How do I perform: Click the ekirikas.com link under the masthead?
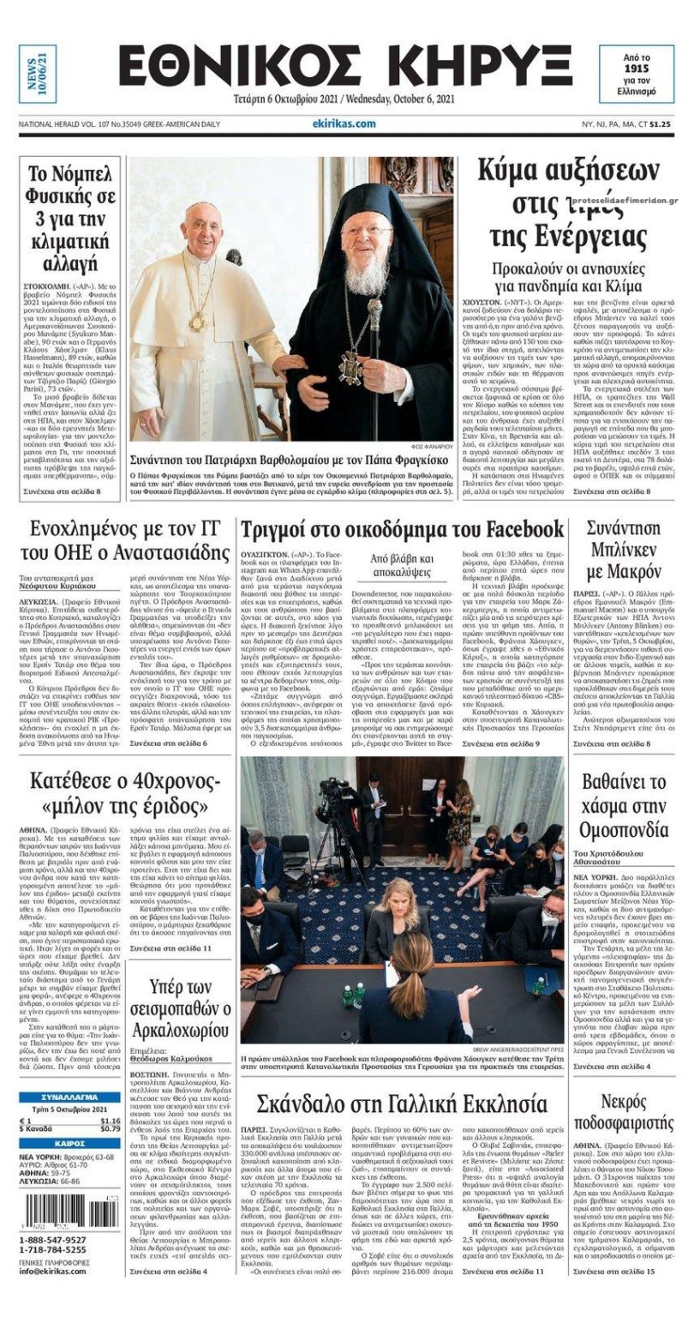coord(344,123)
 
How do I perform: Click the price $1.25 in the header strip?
coord(658,124)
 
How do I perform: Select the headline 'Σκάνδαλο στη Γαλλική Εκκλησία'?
coord(402,1104)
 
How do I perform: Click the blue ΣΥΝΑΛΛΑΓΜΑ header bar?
coord(69,1097)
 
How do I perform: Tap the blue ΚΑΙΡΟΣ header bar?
coord(69,1143)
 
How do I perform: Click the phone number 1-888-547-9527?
coord(52,1240)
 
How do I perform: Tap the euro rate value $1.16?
coord(110,1121)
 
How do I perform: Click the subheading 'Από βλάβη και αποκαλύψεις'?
coord(402,568)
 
